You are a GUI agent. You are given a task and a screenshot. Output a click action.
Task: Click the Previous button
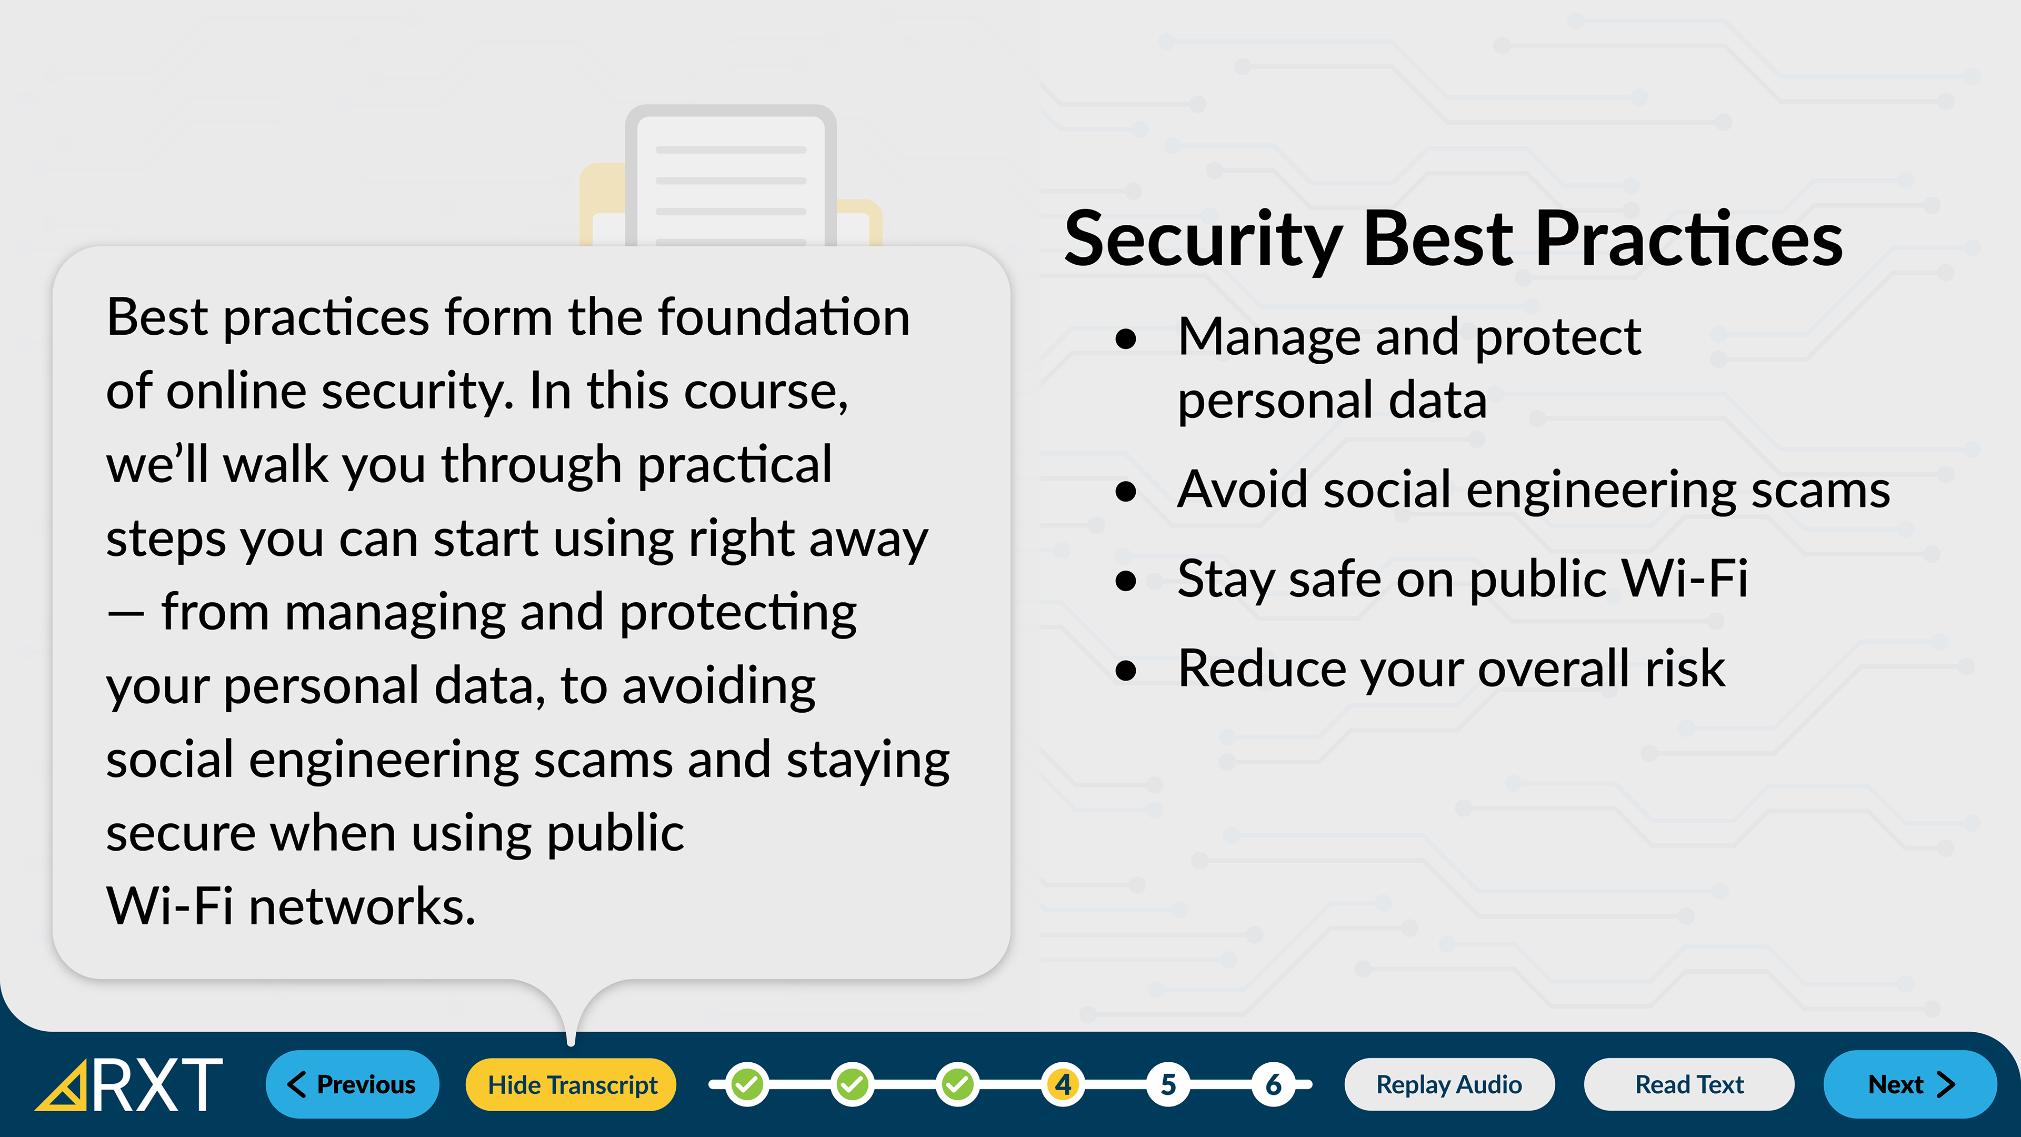click(352, 1084)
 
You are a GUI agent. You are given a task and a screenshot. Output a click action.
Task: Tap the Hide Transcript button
click(572, 1084)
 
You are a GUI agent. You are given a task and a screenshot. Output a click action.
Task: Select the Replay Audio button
click(1449, 1084)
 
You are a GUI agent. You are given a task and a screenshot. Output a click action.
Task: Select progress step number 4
click(1063, 1084)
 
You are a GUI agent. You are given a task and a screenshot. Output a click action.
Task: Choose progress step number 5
click(1168, 1084)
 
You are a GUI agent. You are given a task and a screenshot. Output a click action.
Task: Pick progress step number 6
click(1273, 1084)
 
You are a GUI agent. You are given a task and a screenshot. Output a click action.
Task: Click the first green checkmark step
click(747, 1084)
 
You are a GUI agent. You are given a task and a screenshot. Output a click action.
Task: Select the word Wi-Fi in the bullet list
click(1685, 579)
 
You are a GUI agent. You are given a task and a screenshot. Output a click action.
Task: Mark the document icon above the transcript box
click(731, 176)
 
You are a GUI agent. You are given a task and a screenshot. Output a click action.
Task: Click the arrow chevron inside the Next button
click(1946, 1084)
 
